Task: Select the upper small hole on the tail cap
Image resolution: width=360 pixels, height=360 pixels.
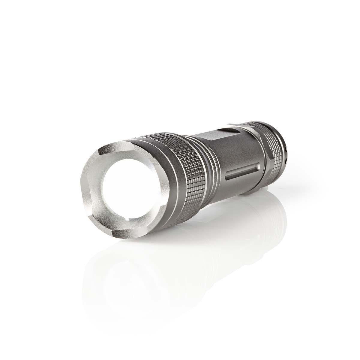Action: (286, 149)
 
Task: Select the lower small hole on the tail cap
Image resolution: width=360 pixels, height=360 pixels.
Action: (286, 162)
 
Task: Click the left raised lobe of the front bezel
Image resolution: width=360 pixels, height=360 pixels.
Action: (87, 192)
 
